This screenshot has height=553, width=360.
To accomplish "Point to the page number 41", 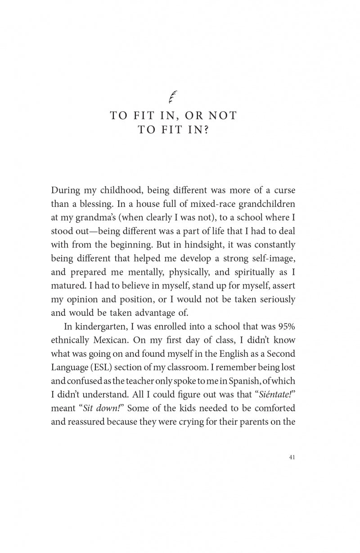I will tap(292, 457).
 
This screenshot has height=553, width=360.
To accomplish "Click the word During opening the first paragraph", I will tap(66, 190).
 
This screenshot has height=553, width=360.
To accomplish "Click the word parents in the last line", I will tap(254, 422).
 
